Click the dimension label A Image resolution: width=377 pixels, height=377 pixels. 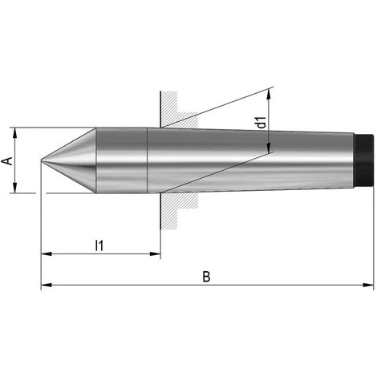tap(8, 161)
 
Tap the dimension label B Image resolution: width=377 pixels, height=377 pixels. tap(206, 277)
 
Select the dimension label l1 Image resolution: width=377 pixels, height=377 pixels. tap(99, 245)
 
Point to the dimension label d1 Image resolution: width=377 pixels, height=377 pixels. tap(261, 122)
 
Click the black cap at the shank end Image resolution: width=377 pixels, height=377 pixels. tap(363, 160)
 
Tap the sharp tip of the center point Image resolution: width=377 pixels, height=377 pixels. tap(41, 160)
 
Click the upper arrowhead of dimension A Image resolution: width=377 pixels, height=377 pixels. tap(15, 133)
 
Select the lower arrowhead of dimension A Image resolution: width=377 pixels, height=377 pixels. tap(15, 188)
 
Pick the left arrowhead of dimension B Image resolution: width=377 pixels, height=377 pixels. tap(47, 285)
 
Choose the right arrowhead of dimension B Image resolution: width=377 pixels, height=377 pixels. tap(368, 285)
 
